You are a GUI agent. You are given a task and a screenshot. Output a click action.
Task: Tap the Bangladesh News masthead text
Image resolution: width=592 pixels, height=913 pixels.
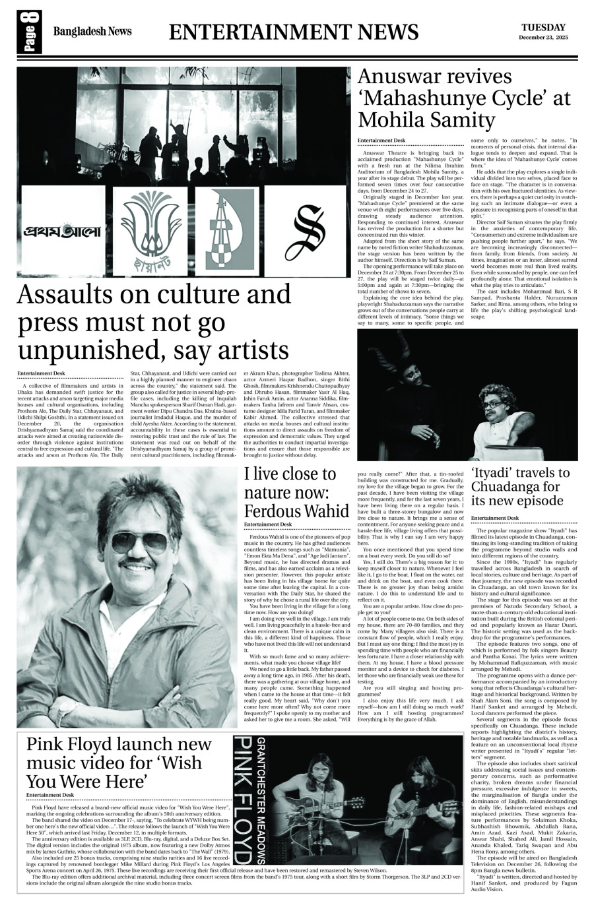[x=92, y=31]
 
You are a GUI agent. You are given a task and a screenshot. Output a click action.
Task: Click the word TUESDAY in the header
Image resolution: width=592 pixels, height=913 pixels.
[x=543, y=27]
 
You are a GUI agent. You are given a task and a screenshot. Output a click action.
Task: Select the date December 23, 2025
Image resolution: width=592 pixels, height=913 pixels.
[x=543, y=38]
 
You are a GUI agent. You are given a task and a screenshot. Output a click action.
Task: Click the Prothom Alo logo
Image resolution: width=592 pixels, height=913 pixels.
[x=62, y=232]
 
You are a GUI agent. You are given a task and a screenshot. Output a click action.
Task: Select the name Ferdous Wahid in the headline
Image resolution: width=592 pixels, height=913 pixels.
[x=296, y=511]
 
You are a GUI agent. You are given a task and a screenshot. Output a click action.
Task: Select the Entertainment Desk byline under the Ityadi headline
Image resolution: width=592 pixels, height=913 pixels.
[x=494, y=518]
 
